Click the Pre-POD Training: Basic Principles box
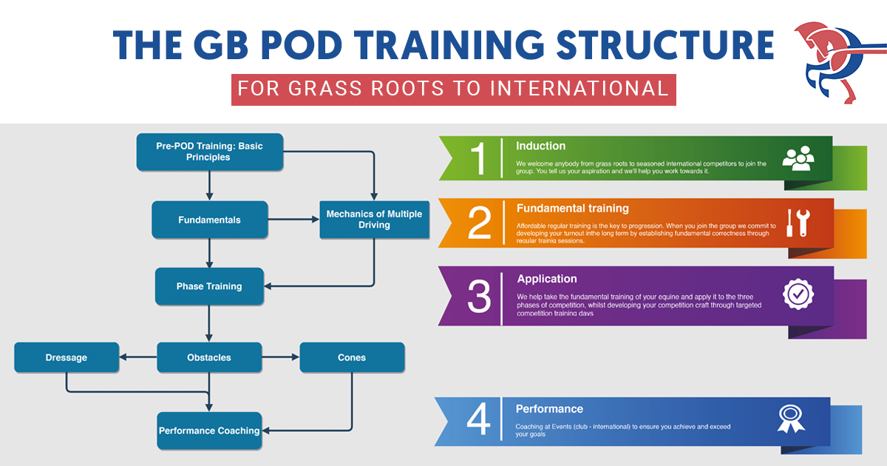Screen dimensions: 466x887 [209, 152]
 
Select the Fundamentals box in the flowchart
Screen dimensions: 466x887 [209, 220]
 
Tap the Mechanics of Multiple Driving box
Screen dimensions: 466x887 [374, 219]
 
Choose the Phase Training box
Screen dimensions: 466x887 [209, 286]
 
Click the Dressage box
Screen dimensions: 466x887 [67, 357]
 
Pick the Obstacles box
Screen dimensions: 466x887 [209, 357]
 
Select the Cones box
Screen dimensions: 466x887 [352, 357]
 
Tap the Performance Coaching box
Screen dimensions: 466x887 [209, 430]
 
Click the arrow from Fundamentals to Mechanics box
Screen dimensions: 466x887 [293, 220]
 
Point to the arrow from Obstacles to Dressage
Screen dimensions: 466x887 [138, 357]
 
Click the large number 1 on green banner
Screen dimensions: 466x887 [479, 158]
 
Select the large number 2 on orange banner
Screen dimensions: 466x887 [479, 223]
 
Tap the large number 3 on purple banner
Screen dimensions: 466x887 [479, 296]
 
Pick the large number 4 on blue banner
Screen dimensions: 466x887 [479, 420]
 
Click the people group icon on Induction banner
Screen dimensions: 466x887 [798, 159]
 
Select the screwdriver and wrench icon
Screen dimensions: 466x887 [798, 223]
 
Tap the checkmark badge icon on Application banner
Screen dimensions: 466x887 [798, 294]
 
